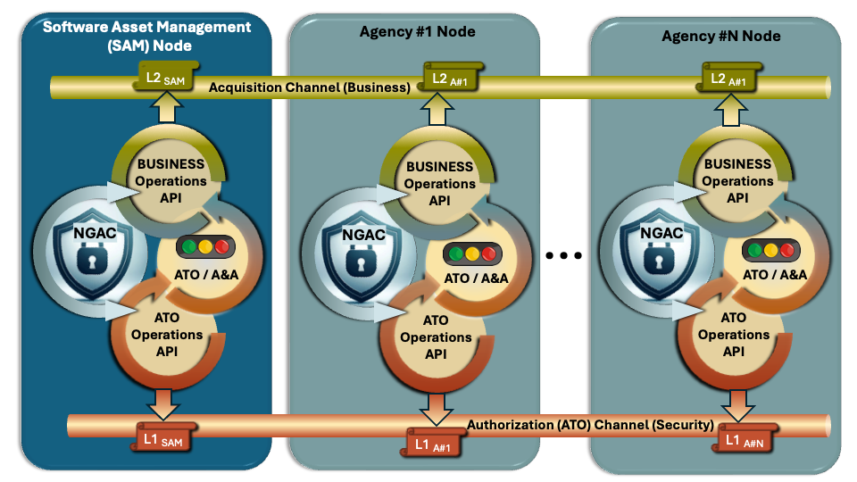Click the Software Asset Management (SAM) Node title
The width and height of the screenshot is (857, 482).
pyautogui.click(x=147, y=35)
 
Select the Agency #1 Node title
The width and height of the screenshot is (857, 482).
pyautogui.click(x=417, y=31)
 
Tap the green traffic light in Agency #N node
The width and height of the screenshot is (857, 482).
pyautogui.click(x=755, y=249)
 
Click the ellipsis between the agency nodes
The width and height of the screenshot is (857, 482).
pyautogui.click(x=563, y=256)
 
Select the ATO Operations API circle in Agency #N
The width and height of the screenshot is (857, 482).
pyautogui.click(x=733, y=334)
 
